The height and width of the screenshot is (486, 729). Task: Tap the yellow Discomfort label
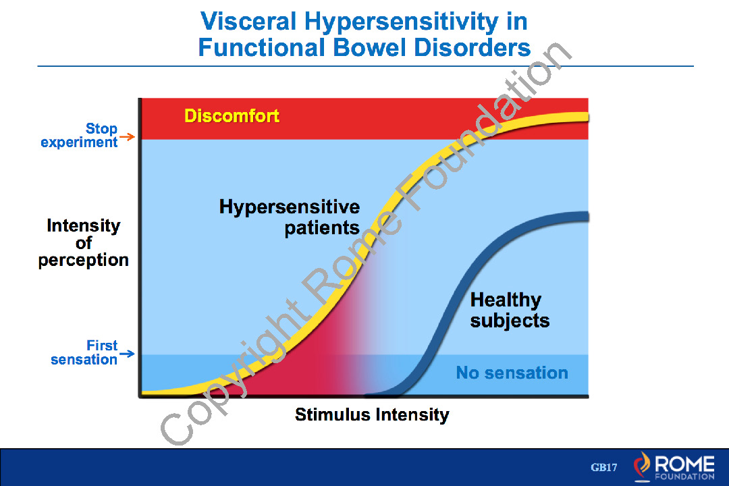[232, 116]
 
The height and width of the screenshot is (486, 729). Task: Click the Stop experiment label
[80, 136]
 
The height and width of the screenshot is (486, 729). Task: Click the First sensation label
[84, 352]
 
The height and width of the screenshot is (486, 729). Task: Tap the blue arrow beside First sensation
[128, 354]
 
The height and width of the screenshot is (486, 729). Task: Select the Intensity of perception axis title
[83, 243]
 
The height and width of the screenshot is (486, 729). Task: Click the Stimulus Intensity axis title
[372, 414]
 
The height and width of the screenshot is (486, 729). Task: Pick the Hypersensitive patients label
[290, 217]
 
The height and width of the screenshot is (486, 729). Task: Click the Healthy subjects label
[510, 310]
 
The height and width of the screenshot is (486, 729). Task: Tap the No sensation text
[512, 373]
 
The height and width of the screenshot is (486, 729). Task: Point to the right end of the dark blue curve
[585, 217]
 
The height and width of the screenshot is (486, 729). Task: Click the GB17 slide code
[604, 467]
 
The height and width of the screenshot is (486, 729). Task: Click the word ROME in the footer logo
[684, 463]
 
